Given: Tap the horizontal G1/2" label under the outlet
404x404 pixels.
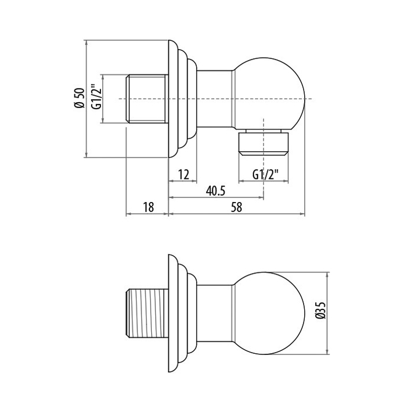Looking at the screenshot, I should tap(265, 173).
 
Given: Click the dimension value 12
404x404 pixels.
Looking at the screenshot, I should tap(184, 173).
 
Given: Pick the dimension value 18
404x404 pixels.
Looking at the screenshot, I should tap(148, 207).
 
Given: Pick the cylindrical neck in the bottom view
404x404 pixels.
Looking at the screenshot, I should tap(215, 312).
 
